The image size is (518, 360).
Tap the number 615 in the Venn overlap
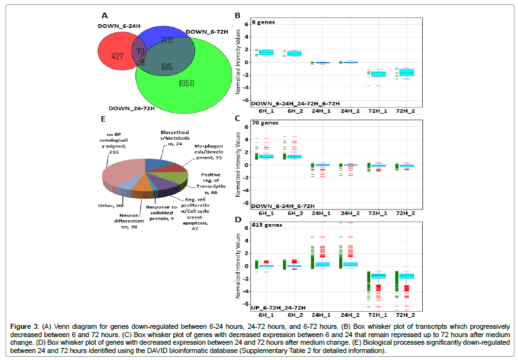coord(167,66)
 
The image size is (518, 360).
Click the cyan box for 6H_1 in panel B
coord(266,52)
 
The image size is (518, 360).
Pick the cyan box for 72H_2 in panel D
coord(406,276)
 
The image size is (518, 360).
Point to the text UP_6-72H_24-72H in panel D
coord(278,307)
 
